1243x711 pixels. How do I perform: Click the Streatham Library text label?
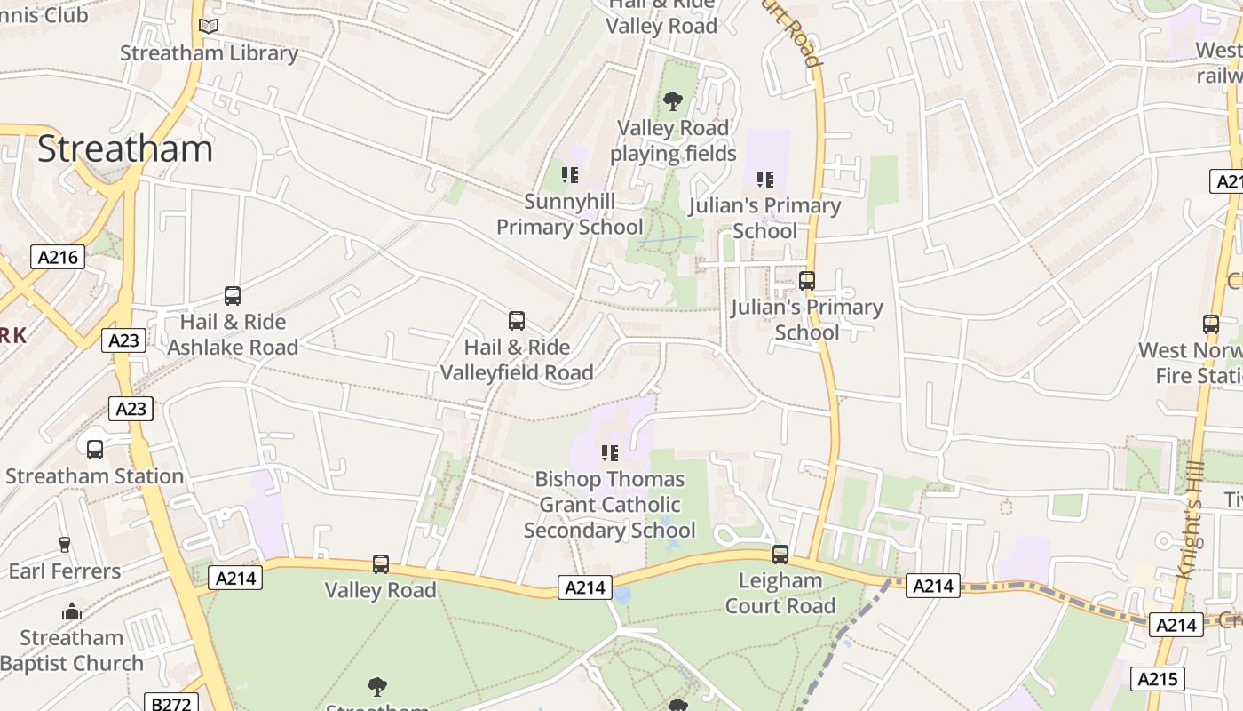[x=209, y=53]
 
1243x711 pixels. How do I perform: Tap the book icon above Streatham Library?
[x=209, y=27]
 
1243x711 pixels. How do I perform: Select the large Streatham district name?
[x=125, y=148]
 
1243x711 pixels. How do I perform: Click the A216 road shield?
[x=58, y=258]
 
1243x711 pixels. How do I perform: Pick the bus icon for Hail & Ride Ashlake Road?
[x=233, y=296]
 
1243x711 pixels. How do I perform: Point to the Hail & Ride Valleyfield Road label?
[x=517, y=360]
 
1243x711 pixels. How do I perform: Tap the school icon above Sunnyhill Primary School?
[x=570, y=175]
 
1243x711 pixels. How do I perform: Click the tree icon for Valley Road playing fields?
[x=673, y=101]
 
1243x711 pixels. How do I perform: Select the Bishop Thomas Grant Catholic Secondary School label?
[x=610, y=505]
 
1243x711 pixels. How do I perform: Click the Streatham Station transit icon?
[x=95, y=450]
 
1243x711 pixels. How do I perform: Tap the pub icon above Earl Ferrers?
[x=64, y=544]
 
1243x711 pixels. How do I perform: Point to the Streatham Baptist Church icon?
[x=72, y=611]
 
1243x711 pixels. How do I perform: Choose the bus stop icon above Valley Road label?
[x=381, y=564]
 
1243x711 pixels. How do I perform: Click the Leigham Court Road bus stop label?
[x=780, y=594]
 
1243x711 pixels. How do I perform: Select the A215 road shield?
[x=1159, y=680]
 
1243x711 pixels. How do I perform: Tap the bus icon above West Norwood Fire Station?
[x=1211, y=324]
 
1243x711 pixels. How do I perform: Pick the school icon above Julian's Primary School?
[x=765, y=180]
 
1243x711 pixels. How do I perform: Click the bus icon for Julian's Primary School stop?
[x=807, y=281]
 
